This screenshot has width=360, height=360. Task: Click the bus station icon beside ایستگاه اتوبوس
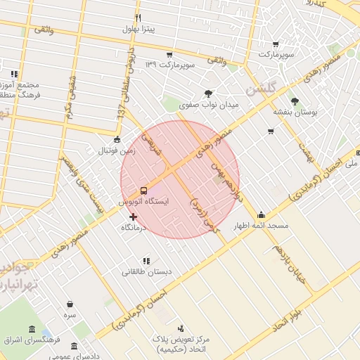tap(143, 190)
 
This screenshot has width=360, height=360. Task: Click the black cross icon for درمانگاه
tap(133, 217)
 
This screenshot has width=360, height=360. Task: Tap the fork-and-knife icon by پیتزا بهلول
tap(138, 18)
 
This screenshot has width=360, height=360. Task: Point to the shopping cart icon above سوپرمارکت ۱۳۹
tap(169, 55)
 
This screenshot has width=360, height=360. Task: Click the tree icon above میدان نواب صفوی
tap(209, 93)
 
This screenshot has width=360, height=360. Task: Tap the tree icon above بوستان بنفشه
tap(295, 101)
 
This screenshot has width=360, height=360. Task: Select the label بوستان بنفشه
tap(295, 112)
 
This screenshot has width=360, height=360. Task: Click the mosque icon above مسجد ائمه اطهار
tap(262, 215)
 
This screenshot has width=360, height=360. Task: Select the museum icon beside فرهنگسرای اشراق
tap(32, 330)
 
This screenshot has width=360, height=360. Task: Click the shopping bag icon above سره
tap(70, 304)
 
